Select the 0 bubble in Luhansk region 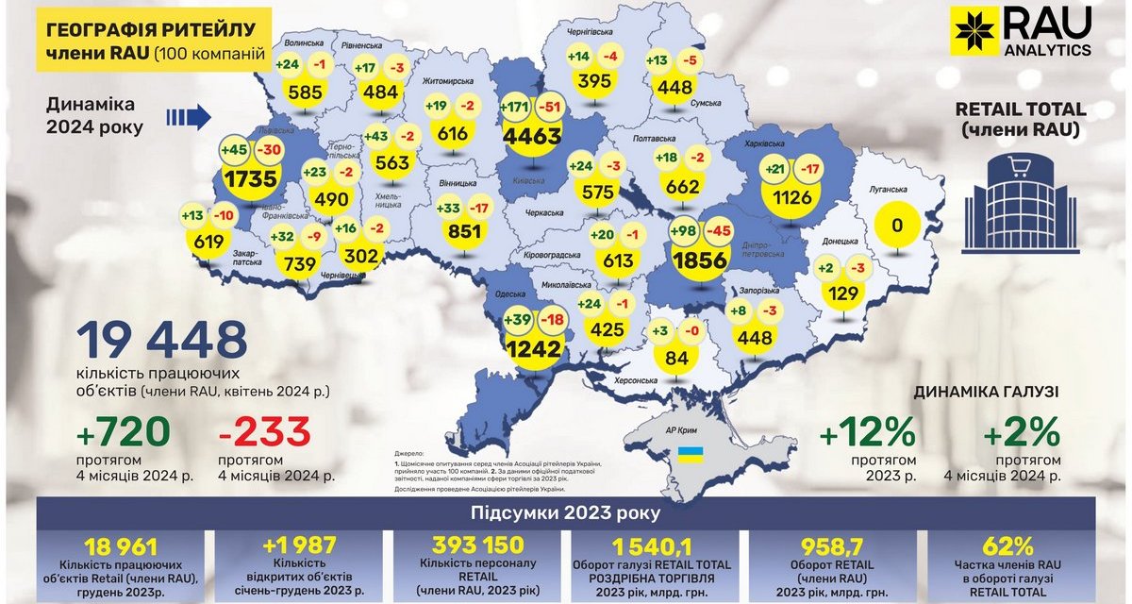(x=898, y=226)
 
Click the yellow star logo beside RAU (x=974, y=31)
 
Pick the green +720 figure (x=124, y=432)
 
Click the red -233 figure (x=264, y=432)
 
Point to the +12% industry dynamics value (x=868, y=434)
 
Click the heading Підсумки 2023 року (x=566, y=515)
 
